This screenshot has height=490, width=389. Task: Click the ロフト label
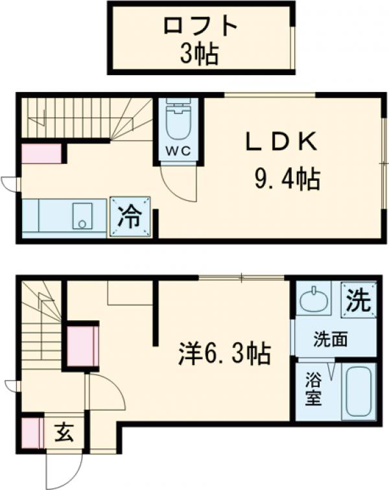[200, 27]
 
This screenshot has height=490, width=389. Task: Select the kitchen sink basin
[82, 216]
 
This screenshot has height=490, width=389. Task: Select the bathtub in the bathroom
[359, 391]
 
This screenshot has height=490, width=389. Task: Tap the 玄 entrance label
[63, 431]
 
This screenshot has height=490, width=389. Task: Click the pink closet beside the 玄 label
[31, 432]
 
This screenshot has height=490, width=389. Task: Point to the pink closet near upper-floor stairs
[42, 154]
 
